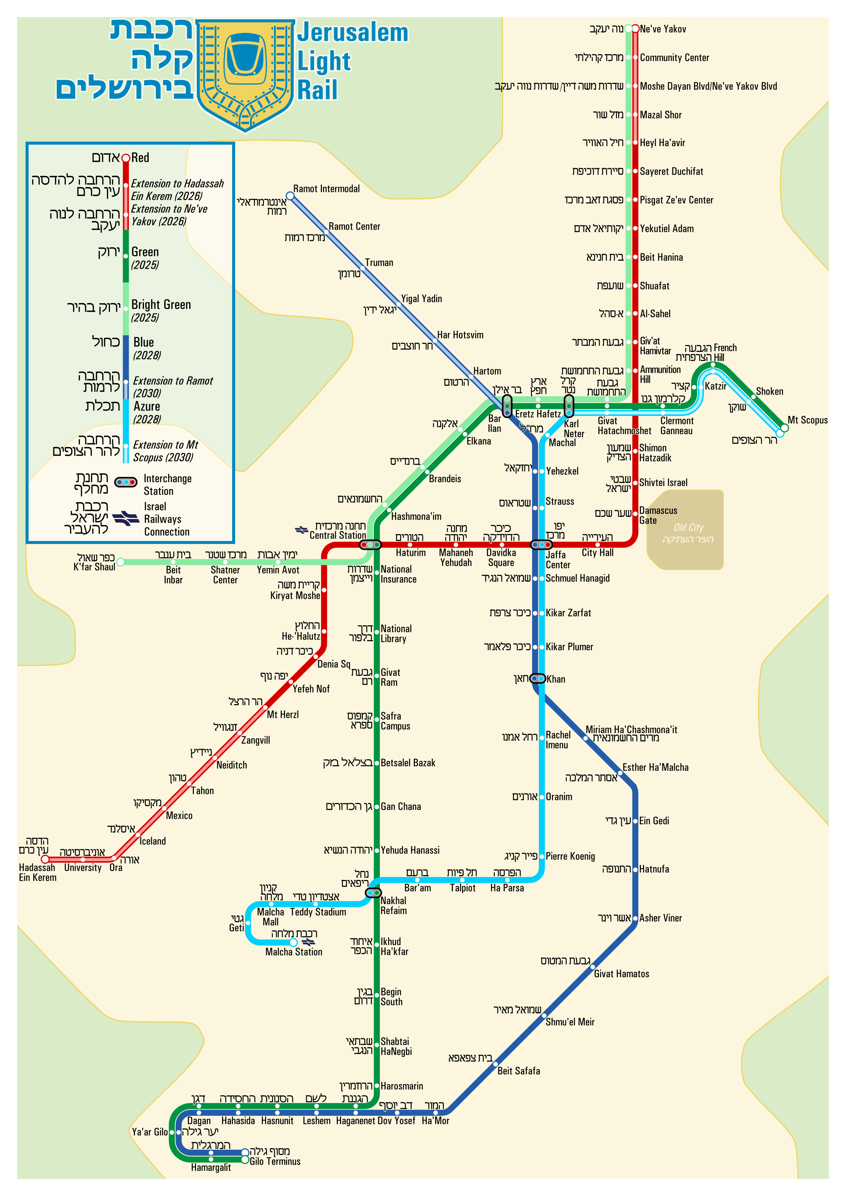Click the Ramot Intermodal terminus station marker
tap(290, 196)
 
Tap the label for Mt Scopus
tap(807, 420)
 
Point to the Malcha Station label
tap(294, 952)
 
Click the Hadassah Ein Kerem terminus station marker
tap(45, 859)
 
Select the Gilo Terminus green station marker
tap(245, 1159)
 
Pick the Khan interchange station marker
tap(537, 678)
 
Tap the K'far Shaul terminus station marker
tap(120, 562)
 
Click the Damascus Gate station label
tap(658, 515)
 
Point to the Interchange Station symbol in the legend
tap(126, 482)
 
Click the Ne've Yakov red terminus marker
tap(635, 29)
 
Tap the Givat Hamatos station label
tap(621, 974)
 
